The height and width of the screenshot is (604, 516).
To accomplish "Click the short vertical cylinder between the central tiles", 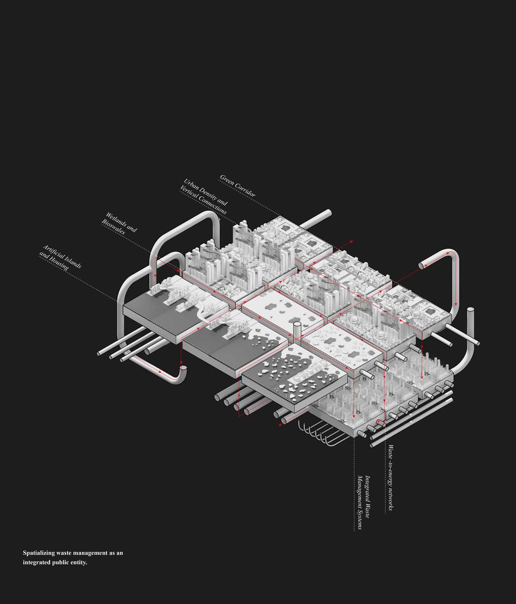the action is [x=297, y=329].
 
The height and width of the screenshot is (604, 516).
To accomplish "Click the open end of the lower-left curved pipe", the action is [x=183, y=368].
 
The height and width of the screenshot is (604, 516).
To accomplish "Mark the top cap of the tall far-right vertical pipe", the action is [x=470, y=310].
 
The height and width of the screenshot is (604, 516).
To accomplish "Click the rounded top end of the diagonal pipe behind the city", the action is [x=328, y=213].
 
